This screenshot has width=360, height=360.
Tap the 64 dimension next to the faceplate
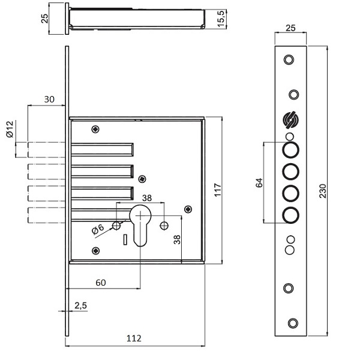tap(259, 182)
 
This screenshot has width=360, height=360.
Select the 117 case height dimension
tap(218, 190)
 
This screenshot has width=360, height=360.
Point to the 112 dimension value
tap(134, 338)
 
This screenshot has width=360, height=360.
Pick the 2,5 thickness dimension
tap(80, 305)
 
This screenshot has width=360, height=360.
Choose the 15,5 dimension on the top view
tap(221, 19)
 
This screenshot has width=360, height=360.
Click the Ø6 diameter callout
tap(97, 229)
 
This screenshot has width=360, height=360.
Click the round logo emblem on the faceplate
tap(290, 121)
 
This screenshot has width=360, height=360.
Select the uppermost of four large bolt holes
tap(290, 149)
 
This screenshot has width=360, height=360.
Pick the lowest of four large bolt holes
tap(290, 215)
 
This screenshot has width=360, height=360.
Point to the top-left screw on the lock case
tap(95, 128)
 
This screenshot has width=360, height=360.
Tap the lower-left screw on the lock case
tap(95, 250)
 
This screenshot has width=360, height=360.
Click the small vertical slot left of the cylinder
tap(124, 240)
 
